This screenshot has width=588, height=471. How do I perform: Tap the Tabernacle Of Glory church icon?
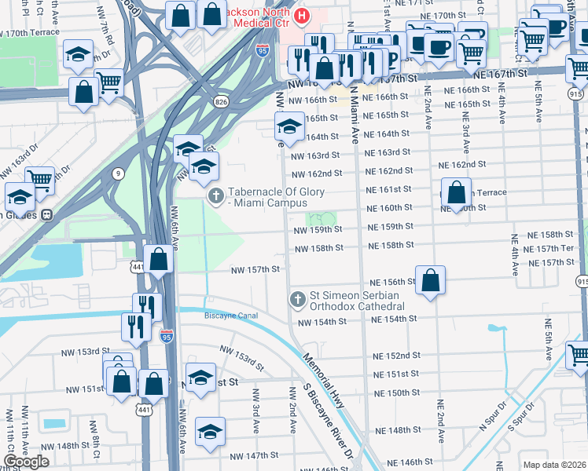point(213,195)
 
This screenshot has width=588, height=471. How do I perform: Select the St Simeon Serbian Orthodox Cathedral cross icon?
point(297,298)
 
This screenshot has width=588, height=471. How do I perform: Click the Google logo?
point(27,461)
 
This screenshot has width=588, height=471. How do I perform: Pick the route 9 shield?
point(117,173)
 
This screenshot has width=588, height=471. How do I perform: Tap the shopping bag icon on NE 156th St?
point(430,279)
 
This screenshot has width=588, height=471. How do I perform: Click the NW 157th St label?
point(255,269)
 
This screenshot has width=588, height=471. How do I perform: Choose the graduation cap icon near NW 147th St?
point(210,431)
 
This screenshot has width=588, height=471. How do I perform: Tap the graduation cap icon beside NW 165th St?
point(289,126)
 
